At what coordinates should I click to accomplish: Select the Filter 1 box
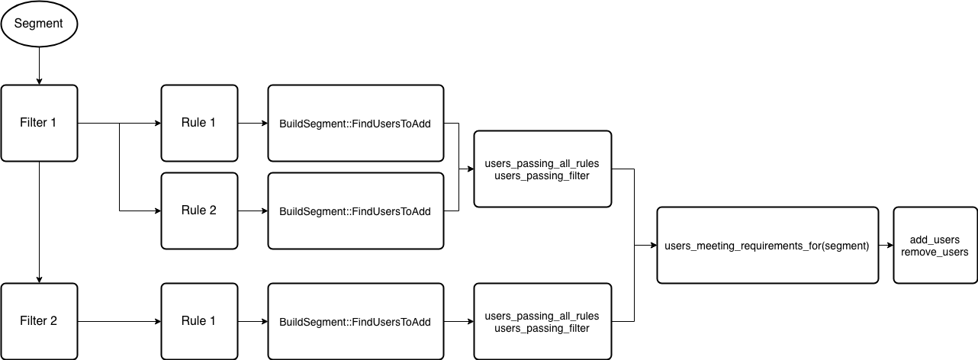(39, 123)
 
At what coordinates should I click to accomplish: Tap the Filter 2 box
(39, 321)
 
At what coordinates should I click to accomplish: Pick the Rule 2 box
(198, 211)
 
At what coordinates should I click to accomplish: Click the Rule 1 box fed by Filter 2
(198, 321)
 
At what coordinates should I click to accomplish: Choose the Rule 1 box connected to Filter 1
(198, 123)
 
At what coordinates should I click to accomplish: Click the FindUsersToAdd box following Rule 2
(355, 211)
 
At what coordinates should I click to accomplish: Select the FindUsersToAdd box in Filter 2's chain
(355, 321)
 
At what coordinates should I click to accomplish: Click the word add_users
(935, 239)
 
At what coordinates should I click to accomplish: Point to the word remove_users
(935, 252)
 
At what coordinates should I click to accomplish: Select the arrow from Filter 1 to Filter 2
(38, 221)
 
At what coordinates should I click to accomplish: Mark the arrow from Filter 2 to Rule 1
(118, 321)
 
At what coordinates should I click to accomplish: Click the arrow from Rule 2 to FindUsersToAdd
(252, 211)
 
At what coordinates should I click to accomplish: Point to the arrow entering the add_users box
(886, 245)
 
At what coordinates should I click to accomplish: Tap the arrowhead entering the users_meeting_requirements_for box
(652, 245)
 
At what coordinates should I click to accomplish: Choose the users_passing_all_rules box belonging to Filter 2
(542, 321)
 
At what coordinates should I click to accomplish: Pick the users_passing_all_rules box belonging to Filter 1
(542, 169)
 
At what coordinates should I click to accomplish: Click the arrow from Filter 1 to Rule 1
(137, 123)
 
